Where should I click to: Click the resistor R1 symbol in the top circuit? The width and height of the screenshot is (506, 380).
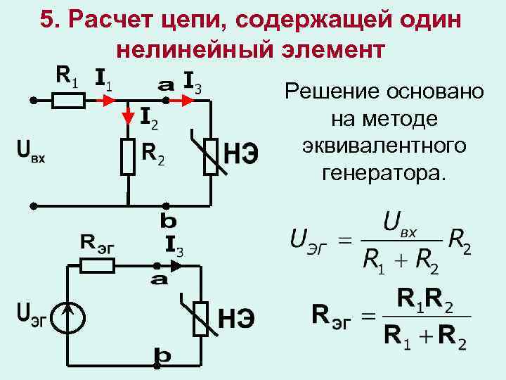click(69, 101)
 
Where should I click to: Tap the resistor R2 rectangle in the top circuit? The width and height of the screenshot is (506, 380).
click(127, 156)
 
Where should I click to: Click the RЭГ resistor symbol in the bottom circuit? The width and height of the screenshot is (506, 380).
click(97, 265)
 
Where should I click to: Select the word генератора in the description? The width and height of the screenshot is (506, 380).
click(384, 171)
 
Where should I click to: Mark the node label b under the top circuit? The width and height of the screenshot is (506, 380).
click(169, 221)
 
